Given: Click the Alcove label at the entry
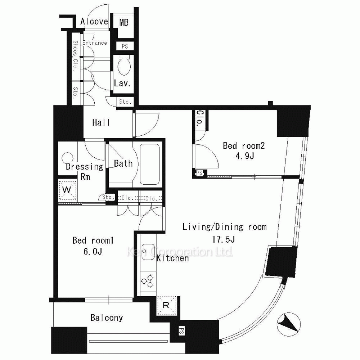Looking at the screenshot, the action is [94, 22].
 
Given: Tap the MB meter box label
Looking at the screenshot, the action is [124, 22].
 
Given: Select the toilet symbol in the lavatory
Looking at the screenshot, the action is [124, 66].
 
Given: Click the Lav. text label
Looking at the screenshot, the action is [122, 83].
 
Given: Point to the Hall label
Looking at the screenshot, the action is [101, 123].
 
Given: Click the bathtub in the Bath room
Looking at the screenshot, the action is [149, 164].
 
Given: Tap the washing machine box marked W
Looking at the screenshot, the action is [67, 190].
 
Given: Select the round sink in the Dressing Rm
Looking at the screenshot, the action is [68, 158].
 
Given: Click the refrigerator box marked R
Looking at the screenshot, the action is [166, 305].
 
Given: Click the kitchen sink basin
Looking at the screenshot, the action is [148, 252].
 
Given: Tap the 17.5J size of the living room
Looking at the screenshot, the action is [224, 239].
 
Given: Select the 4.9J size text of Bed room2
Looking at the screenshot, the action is [244, 156].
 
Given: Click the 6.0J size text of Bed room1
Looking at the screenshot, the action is [93, 252].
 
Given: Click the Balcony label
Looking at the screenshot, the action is [107, 318].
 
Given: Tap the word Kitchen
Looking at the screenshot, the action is [173, 258].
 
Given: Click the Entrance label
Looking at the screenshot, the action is [95, 43].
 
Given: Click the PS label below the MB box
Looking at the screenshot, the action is [125, 46].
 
